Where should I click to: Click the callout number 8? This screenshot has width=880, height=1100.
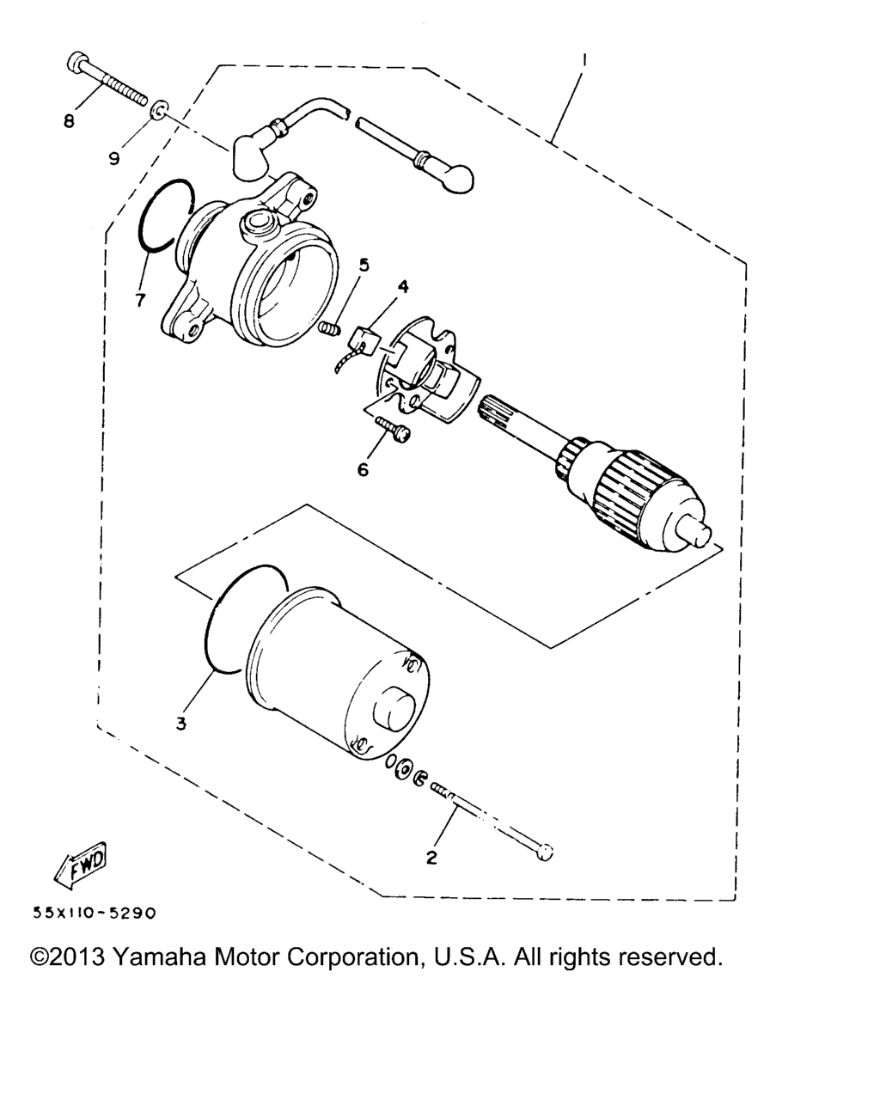(69, 120)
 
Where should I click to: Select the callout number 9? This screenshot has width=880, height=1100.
(114, 158)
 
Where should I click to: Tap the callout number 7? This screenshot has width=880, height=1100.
(141, 300)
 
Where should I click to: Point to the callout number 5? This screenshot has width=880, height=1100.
(364, 266)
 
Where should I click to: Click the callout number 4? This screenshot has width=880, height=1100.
(403, 287)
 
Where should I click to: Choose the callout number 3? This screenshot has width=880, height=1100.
(181, 724)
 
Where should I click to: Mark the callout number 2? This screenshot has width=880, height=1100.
(432, 858)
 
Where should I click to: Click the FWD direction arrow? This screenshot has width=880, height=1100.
(81, 865)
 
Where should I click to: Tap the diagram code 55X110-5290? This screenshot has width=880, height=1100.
(94, 913)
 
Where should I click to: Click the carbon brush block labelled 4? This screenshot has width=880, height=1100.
(364, 339)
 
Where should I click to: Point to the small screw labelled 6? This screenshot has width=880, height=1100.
(394, 430)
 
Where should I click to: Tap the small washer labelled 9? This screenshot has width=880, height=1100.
(160, 109)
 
